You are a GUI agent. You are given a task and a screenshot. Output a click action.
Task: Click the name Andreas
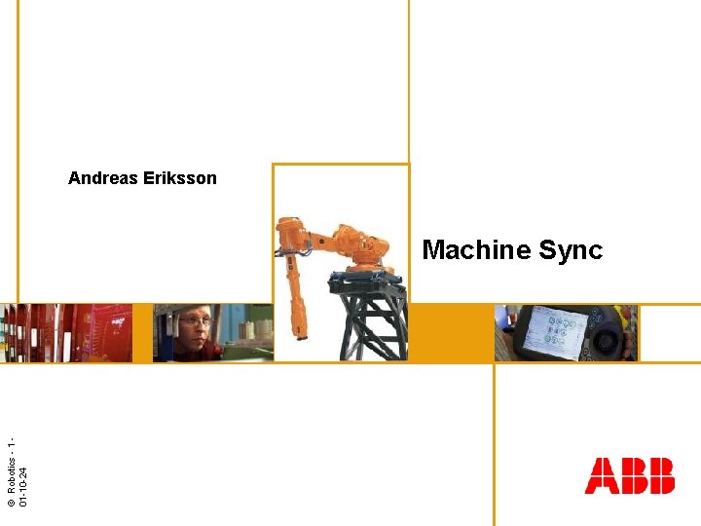point(102,178)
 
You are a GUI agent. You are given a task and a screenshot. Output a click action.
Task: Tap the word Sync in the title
point(571,250)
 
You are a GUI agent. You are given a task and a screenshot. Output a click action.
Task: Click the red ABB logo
point(629,475)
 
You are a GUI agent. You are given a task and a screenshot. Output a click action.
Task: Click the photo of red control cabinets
point(66,333)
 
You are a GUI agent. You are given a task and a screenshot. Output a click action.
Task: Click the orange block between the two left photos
point(142,333)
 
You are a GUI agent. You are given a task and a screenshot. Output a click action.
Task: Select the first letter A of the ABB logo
point(602,475)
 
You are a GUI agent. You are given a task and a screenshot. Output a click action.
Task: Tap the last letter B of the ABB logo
point(659,475)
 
